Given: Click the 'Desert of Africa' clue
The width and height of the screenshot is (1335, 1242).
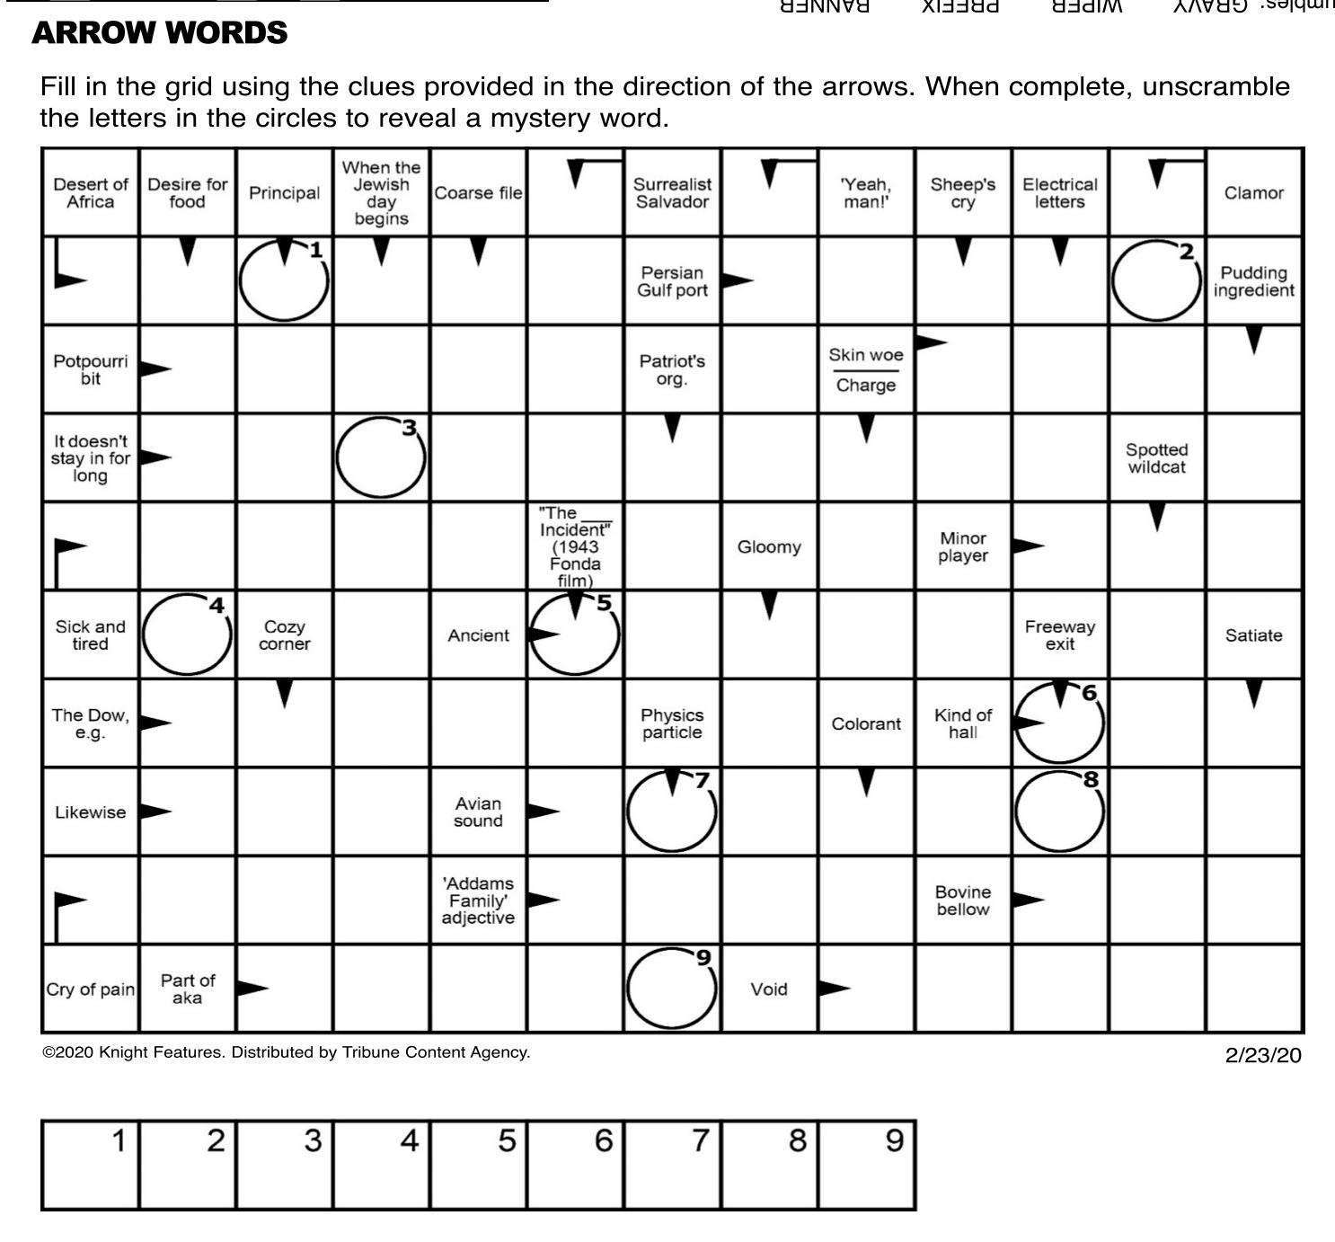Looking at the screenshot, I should point(90,193).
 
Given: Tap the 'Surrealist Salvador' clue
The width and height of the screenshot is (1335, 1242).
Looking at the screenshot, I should point(672,193).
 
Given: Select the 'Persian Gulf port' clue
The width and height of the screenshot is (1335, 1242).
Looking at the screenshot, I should point(672,281).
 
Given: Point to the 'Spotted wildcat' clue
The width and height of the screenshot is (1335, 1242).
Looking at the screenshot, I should point(1156,458).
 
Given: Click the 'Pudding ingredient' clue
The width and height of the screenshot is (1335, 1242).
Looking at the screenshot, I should point(1253,281).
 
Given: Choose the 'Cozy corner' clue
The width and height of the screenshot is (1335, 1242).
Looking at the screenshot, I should point(284,634).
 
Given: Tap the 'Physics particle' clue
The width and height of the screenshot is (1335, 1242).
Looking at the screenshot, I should point(672,723).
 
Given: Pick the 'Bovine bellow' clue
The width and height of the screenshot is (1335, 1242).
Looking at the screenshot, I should point(962,900).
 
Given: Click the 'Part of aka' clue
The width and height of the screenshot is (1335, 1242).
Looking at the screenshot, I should point(187,989).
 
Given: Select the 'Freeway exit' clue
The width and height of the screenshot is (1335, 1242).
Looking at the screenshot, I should point(1059,634).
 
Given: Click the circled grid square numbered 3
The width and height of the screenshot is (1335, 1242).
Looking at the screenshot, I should point(381,457).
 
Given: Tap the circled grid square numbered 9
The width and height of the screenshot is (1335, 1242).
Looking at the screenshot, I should point(671,989).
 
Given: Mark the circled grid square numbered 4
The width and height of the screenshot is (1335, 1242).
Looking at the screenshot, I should point(187,634).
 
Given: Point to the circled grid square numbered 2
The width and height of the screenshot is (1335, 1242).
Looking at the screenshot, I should point(1156,281).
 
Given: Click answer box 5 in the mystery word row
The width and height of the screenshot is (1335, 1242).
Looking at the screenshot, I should point(478,1166).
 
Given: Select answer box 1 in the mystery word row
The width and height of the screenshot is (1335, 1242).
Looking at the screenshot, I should point(90,1166).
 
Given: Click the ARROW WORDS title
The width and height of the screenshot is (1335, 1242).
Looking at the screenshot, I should point(159,33).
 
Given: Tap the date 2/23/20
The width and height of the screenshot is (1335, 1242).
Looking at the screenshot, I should point(1262,1055).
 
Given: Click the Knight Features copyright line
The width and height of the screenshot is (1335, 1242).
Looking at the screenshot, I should point(287,1052).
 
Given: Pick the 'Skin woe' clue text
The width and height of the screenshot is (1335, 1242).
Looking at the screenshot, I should point(865,355).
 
